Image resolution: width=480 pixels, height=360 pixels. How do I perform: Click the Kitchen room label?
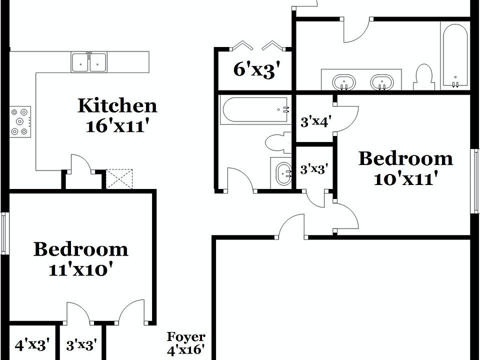click(117, 105)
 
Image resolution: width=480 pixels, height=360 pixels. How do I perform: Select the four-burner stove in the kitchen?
click(20, 120)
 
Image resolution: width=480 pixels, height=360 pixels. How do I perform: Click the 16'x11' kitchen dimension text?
click(117, 125)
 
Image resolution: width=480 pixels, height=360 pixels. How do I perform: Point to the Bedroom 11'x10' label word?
click(80, 249)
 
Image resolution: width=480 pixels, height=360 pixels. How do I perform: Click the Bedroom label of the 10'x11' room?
click(405, 159)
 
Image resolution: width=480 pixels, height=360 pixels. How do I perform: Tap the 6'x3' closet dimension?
click(254, 69)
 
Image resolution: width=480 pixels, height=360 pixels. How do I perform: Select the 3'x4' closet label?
click(315, 121)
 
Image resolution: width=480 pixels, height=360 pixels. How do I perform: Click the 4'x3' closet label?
click(32, 344)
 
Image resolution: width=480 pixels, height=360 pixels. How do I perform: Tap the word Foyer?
click(185, 337)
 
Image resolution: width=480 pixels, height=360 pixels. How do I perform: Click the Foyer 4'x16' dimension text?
click(185, 349)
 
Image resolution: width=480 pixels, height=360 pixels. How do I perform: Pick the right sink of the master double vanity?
click(382, 82)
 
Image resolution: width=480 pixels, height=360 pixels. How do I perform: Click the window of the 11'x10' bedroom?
click(4, 233)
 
